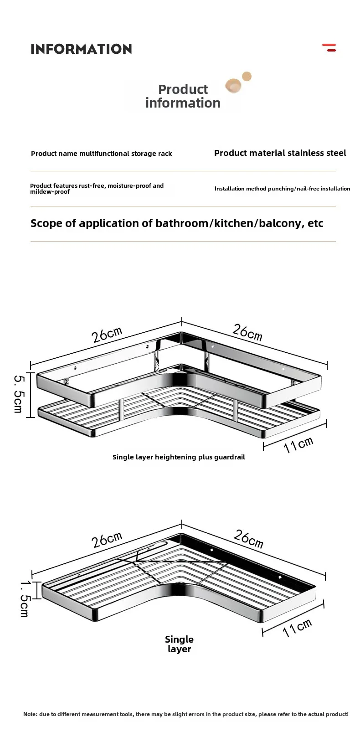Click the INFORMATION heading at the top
[81, 49]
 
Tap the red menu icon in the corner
[329, 47]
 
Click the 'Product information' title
[183, 96]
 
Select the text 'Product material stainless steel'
[280, 153]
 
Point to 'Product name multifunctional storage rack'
[101, 154]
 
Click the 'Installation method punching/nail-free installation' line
[282, 189]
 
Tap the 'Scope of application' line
[177, 223]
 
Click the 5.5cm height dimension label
[19, 394]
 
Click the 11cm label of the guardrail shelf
[298, 444]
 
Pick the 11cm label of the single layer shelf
[297, 628]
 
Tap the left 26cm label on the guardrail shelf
[107, 334]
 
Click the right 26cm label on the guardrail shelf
[247, 332]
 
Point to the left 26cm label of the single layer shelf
[107, 540]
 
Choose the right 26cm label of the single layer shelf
[248, 539]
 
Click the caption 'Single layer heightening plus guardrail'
[179, 457]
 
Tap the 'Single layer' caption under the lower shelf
[179, 644]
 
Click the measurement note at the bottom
[186, 714]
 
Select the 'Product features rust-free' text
[97, 189]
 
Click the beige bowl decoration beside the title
[233, 85]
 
